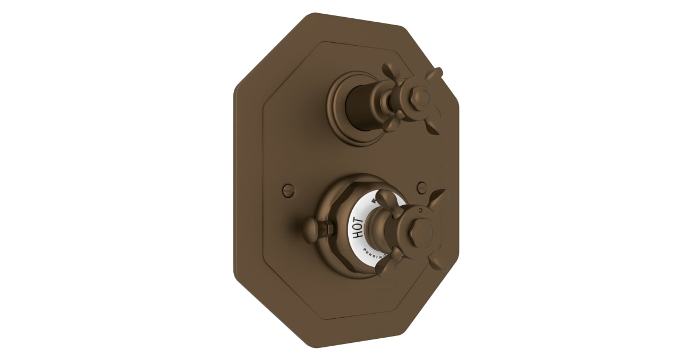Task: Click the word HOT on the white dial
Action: pos(357,227)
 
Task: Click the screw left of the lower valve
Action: pos(286,188)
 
